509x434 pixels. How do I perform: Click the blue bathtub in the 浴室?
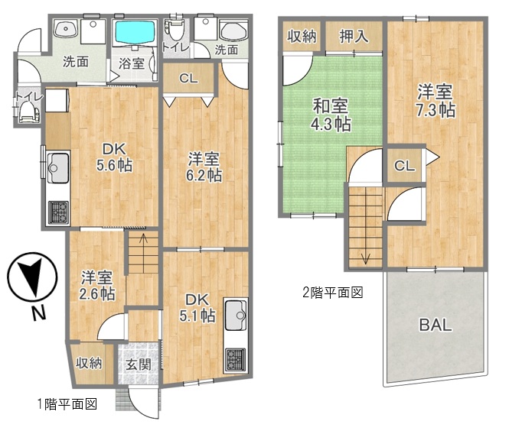[135, 32]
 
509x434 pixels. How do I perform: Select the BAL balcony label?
[436, 325]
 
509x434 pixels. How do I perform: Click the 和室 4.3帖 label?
[331, 115]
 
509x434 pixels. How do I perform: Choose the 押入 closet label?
[354, 36]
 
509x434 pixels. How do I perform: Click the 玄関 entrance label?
[139, 364]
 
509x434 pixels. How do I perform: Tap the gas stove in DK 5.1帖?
[235, 359]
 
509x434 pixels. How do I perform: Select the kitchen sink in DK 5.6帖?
[58, 168]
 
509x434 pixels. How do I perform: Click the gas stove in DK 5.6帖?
[58, 212]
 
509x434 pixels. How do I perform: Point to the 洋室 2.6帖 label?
[96, 285]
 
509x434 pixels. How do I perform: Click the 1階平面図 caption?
[67, 404]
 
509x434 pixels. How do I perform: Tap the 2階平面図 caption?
[332, 293]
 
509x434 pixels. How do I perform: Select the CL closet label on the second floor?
[404, 166]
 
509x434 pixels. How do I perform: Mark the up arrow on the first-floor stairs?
[143, 239]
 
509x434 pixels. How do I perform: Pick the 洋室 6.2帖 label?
[204, 167]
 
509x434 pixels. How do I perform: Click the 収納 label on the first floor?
[89, 363]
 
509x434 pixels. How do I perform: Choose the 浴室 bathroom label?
[132, 63]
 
